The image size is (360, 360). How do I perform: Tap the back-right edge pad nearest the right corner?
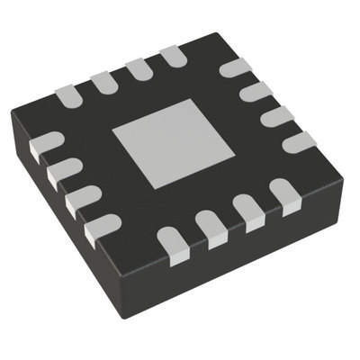[299, 141]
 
